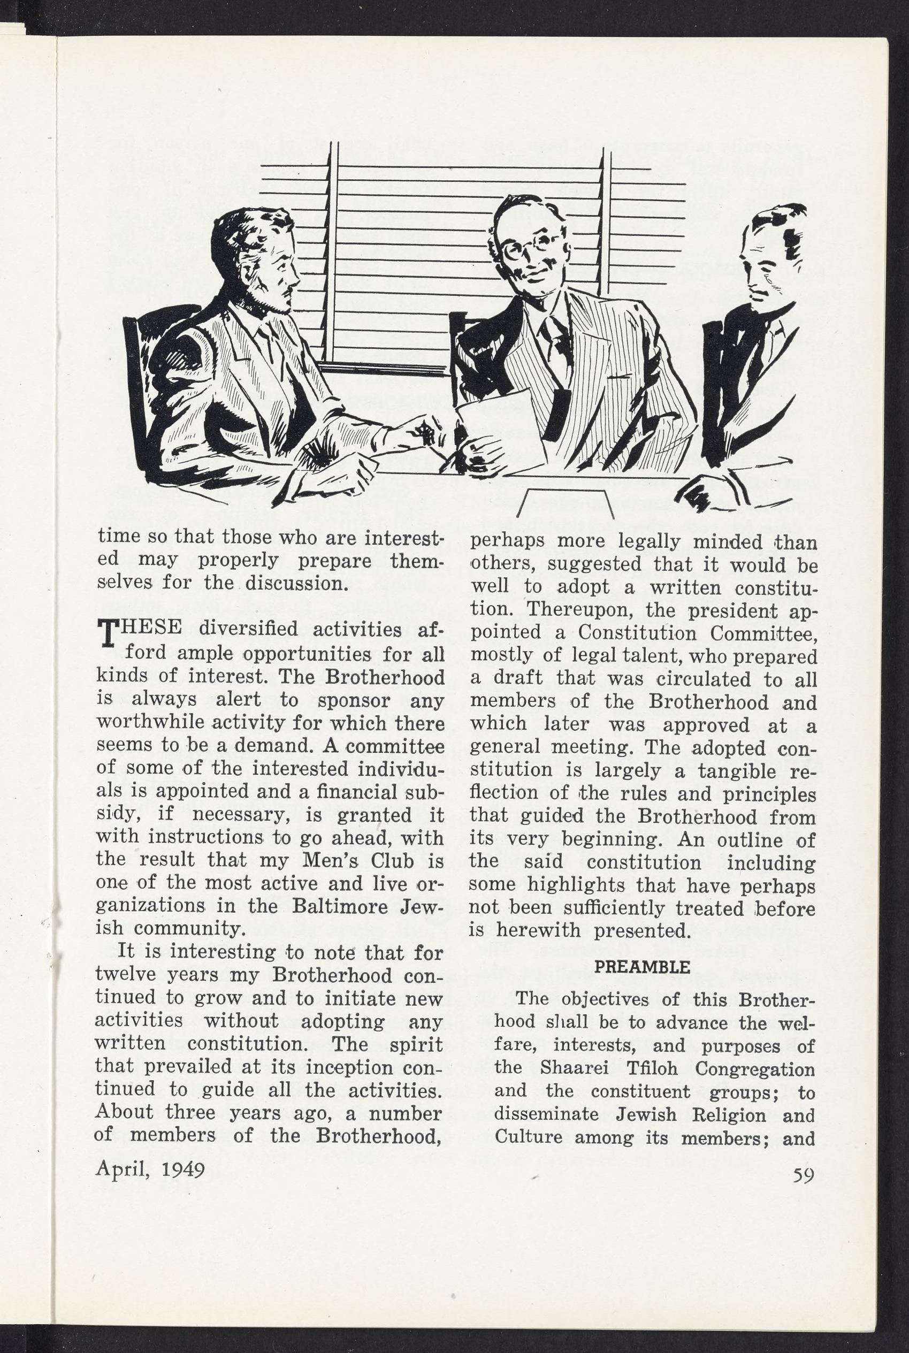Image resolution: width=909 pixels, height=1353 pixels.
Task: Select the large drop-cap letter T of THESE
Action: [x=109, y=633]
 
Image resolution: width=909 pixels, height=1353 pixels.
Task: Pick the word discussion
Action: [x=296, y=583]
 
